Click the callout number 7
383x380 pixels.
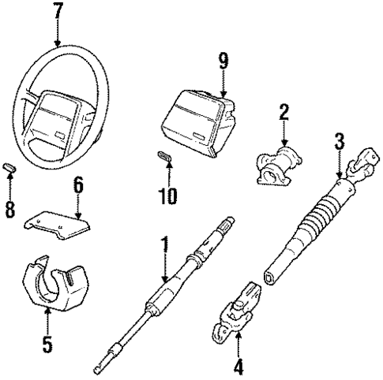click(x=57, y=13)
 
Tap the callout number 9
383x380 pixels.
click(x=223, y=58)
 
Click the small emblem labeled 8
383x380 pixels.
click(x=10, y=167)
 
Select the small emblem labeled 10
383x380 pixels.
click(x=163, y=157)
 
